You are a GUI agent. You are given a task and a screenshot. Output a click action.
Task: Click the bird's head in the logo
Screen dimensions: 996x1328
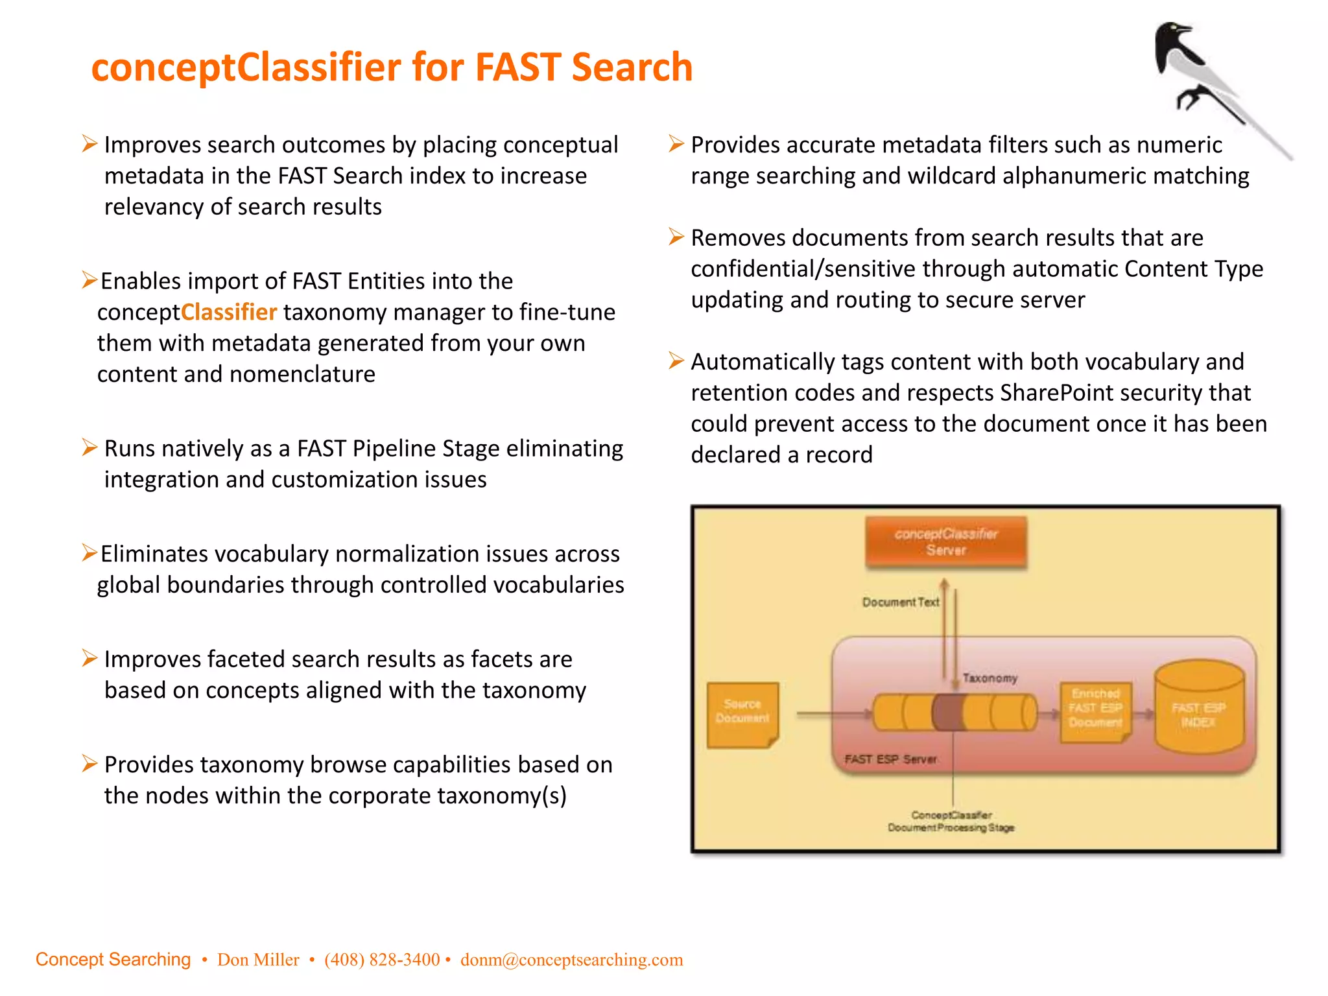(1172, 36)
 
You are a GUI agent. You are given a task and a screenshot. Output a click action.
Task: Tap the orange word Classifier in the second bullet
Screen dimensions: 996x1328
(229, 313)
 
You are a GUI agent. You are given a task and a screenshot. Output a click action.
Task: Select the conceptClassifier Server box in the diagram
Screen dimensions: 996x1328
(946, 542)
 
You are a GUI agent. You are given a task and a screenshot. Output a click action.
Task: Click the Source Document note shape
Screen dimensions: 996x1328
(742, 713)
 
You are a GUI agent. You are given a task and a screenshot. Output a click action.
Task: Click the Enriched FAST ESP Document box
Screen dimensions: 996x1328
(1095, 709)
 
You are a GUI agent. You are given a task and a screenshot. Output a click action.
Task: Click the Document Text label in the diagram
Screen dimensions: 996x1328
(900, 602)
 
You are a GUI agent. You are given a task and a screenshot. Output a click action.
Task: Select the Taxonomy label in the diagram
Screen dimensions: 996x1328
(990, 678)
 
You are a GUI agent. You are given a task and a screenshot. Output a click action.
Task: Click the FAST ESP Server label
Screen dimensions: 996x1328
(890, 759)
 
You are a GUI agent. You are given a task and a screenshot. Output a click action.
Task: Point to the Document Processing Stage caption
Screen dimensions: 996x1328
(951, 828)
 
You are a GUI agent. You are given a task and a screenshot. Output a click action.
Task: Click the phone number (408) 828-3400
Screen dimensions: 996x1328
(382, 960)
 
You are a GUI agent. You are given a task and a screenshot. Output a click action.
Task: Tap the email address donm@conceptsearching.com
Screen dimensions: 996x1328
(571, 960)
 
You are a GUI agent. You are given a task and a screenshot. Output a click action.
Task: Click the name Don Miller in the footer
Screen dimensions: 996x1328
(258, 960)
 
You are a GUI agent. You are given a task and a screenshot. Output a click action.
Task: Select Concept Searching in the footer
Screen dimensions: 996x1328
(113, 960)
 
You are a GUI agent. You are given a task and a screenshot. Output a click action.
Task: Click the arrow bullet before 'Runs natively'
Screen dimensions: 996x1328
(90, 447)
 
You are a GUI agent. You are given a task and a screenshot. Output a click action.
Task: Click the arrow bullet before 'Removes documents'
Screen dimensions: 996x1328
(676, 237)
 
